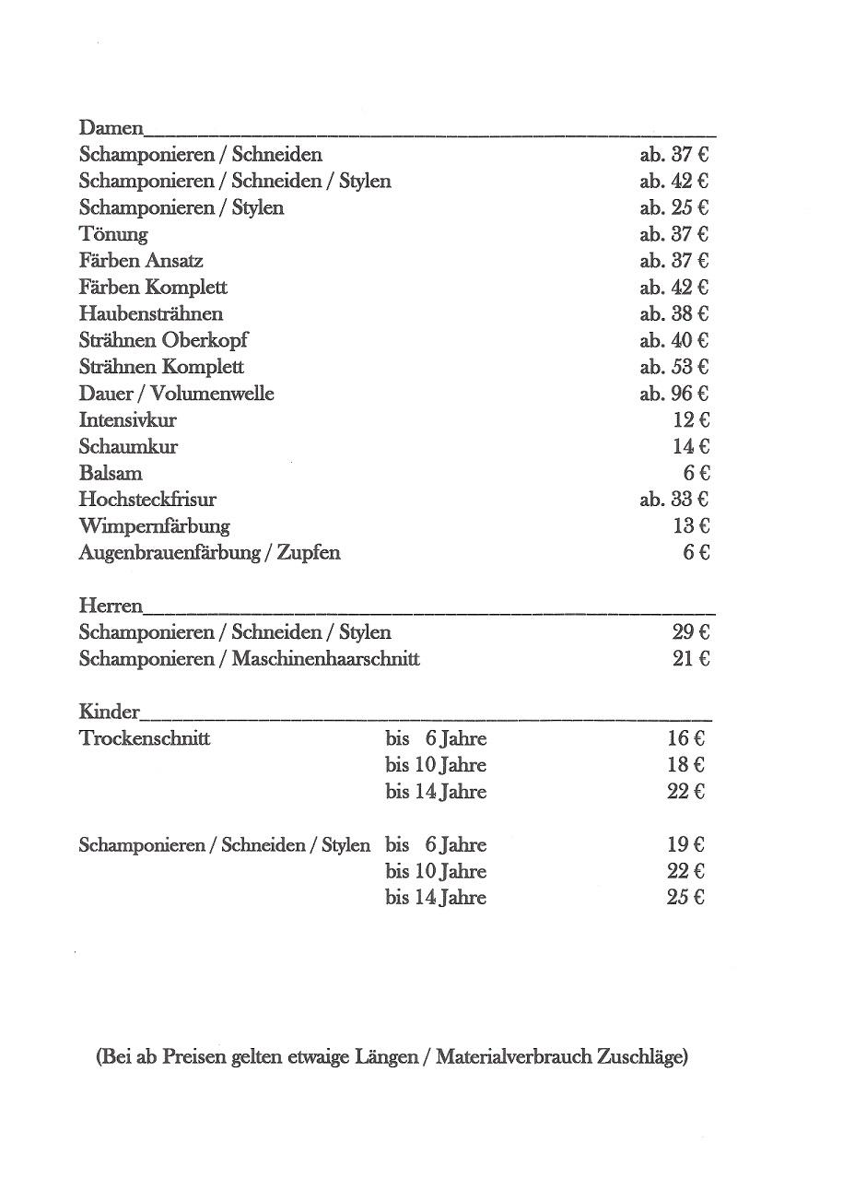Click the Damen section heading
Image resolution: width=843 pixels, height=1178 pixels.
[111, 128]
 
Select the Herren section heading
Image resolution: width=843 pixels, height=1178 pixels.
[111, 606]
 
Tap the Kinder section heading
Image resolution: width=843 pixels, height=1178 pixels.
[110, 712]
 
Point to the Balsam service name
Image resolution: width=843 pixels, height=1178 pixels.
[111, 474]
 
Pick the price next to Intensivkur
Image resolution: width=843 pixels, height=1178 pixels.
[691, 420]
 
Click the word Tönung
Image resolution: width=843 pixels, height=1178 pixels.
[113, 234]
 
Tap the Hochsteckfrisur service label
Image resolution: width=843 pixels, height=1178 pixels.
[147, 500]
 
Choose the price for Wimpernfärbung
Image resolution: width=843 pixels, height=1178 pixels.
[691, 526]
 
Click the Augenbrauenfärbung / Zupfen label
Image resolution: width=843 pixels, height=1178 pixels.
[209, 553]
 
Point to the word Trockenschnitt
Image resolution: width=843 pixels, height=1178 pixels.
[145, 738]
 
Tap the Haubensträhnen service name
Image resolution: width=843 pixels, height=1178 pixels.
[151, 313]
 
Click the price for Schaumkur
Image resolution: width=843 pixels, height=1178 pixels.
[691, 447]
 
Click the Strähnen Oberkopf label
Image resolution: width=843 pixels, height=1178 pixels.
[163, 340]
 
